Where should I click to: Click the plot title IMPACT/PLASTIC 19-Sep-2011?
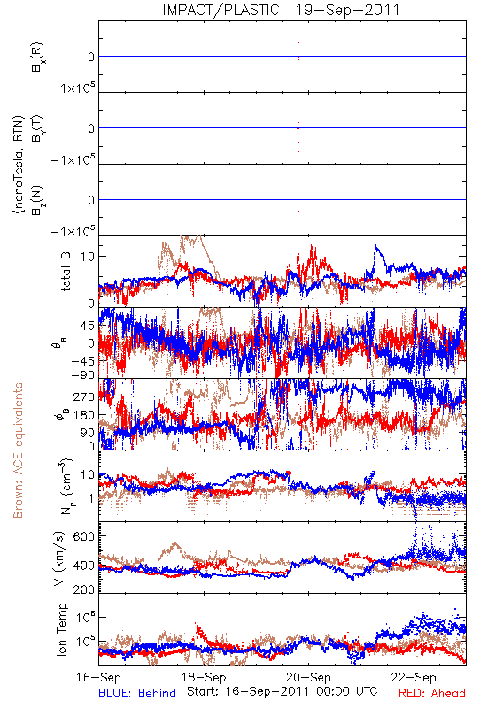pos(281,10)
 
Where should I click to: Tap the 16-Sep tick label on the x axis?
pos(98,678)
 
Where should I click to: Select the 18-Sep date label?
pos(204,678)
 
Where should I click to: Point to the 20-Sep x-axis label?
pos(309,678)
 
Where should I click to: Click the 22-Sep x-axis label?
pos(414,678)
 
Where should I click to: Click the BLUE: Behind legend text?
pos(137,693)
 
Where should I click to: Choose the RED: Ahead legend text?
pos(432,693)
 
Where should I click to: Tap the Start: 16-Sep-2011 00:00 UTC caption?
pos(282,691)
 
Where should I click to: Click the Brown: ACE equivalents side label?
pos(18,450)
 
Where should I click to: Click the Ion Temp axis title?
pos(61,629)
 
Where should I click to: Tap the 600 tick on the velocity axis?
pos(84,536)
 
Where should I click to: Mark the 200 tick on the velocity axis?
pos(84,589)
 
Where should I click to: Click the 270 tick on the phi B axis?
pos(84,396)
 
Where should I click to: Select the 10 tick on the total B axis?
pos(88,257)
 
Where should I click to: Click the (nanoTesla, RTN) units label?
pos(18,165)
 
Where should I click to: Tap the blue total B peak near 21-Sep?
pos(375,244)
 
